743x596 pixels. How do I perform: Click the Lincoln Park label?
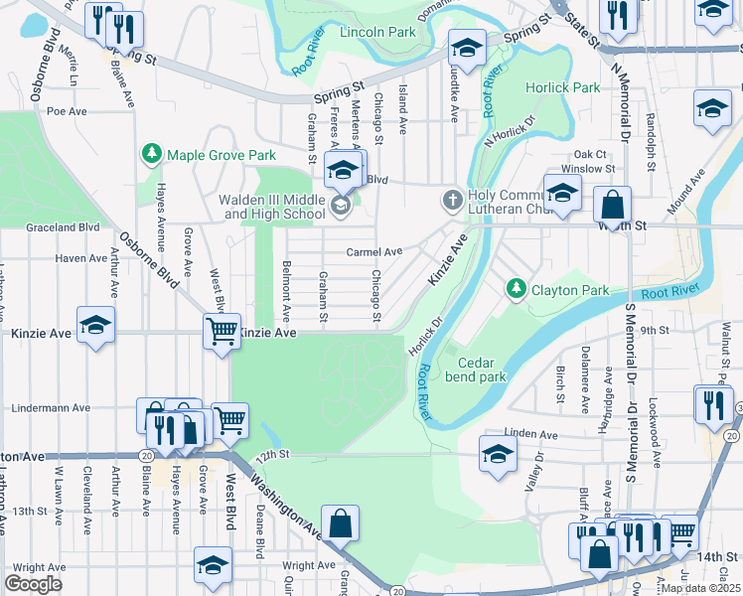(377, 32)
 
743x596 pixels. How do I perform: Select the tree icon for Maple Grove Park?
(151, 155)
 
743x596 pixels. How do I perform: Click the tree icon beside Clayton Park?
(516, 289)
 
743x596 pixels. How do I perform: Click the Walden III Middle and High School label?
(272, 207)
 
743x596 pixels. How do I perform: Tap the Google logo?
(33, 583)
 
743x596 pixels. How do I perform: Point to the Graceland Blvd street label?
(66, 226)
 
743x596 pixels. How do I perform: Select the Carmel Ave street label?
(373, 252)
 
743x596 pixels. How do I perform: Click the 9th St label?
(655, 329)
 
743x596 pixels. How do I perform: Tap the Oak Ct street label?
(589, 154)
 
